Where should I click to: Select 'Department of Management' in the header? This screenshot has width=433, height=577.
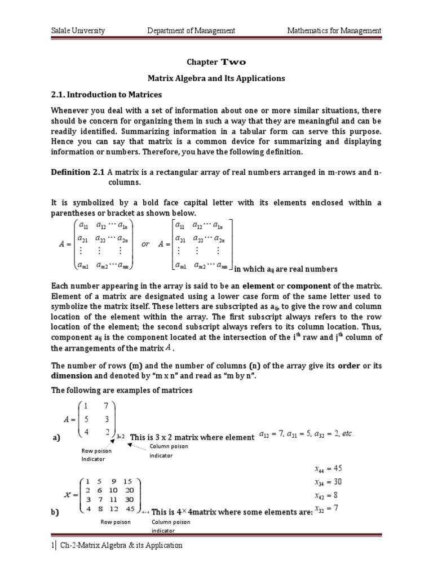[191, 30]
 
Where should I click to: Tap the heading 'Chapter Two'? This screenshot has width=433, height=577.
[216, 62]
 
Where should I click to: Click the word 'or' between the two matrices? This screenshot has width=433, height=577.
[145, 245]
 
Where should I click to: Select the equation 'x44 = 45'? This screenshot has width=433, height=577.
[328, 468]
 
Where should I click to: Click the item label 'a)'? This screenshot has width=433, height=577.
[56, 437]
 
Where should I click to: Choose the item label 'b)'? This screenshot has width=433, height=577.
[56, 513]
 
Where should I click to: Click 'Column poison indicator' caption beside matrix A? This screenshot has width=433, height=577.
[169, 451]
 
